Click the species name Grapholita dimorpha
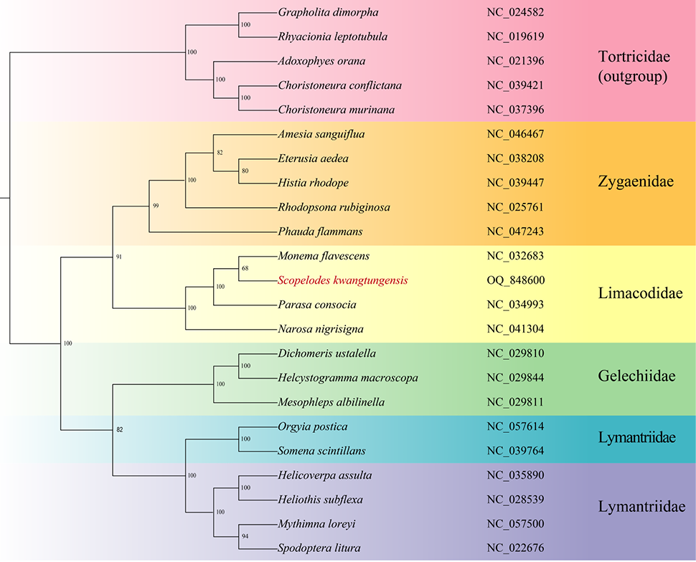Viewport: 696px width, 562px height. coord(328,12)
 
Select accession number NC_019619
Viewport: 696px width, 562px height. coord(515,37)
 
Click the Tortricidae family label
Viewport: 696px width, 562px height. coord(634,57)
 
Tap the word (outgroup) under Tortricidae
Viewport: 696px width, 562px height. coord(633,77)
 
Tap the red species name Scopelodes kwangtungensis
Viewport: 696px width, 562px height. coord(343,280)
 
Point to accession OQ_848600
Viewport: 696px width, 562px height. coord(515,280)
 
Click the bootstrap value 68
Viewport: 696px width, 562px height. coord(245,268)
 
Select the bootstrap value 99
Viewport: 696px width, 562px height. coord(156,206)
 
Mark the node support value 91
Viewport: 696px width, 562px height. coord(118,257)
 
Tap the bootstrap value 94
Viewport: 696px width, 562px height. coord(245,536)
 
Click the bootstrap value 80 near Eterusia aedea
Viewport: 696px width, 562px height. coord(245,171)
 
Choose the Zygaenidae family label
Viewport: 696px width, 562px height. coord(636,181)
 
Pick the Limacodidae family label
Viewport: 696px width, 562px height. coord(640,292)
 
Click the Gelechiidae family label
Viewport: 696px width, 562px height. coord(636,376)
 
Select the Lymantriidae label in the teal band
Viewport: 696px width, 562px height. coord(637,437)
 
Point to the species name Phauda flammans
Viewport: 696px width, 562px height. coord(320,232)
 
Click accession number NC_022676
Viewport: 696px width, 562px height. coord(515,548)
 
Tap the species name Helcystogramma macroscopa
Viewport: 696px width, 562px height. coord(348,378)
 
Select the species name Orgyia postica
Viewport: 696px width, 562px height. coord(313,427)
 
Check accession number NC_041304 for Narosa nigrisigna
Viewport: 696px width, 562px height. coord(515,329)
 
